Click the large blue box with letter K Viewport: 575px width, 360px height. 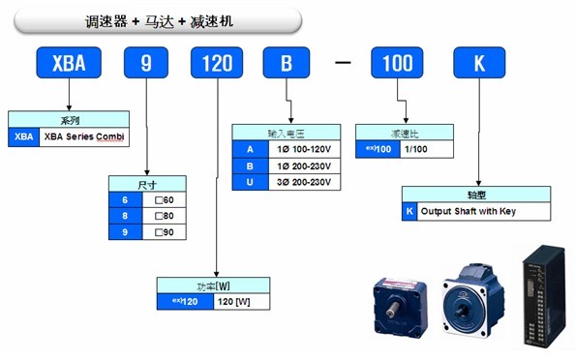478,65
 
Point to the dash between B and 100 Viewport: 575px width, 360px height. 344,66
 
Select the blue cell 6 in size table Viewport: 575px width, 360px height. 124,198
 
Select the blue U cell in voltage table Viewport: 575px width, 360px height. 250,182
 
